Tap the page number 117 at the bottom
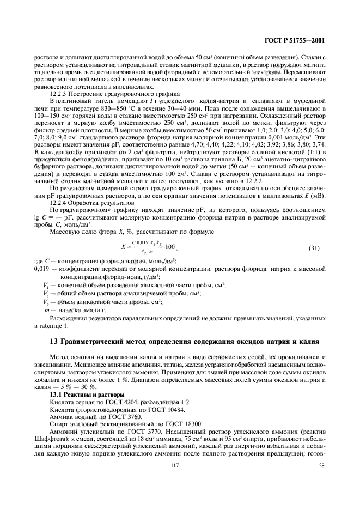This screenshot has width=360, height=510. pos(179,480)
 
